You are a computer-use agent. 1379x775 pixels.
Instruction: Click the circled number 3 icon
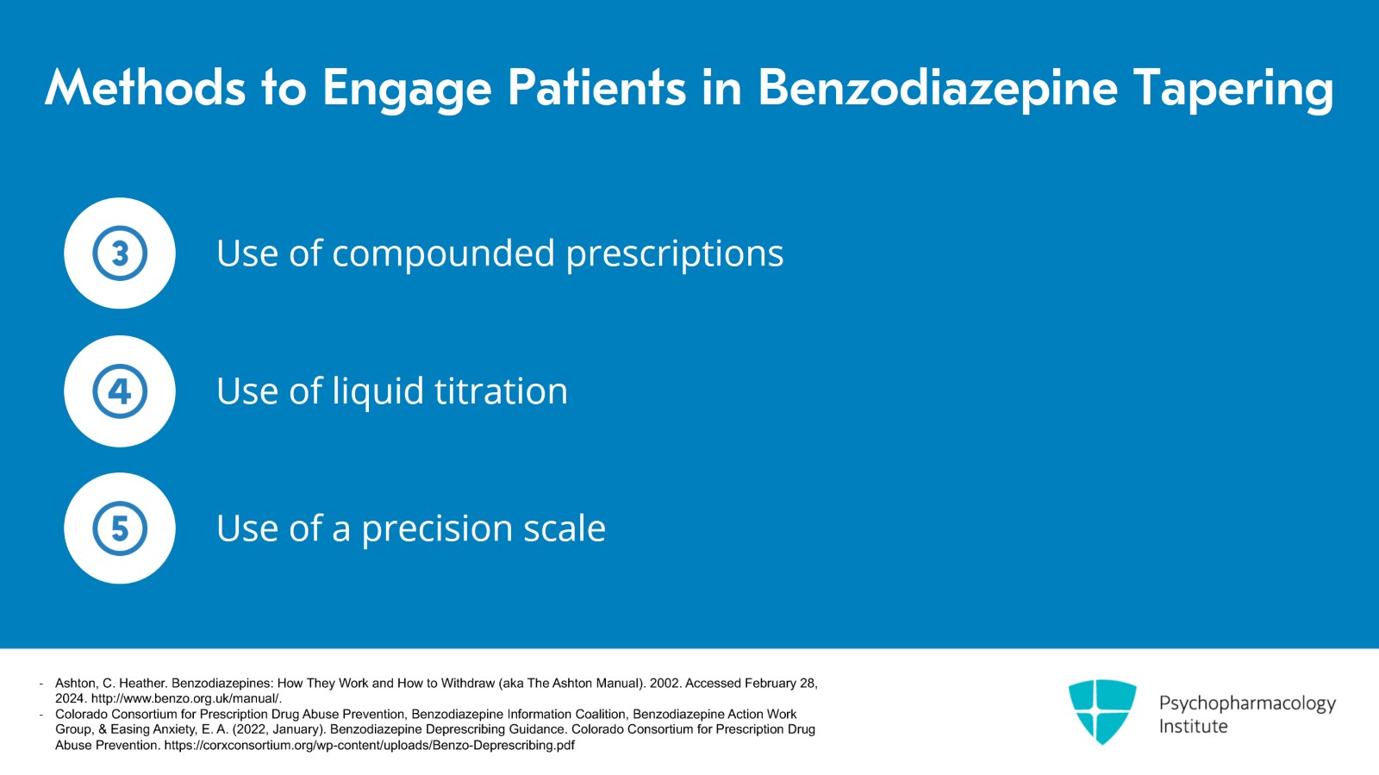point(120,253)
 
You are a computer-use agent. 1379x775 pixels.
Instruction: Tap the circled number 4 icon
point(120,391)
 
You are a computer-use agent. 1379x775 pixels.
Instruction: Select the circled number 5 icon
point(120,528)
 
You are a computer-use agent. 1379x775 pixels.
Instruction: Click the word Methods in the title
point(145,87)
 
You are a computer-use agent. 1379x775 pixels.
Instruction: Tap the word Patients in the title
point(596,87)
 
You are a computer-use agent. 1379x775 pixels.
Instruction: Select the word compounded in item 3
point(443,253)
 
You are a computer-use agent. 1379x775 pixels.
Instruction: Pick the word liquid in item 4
point(378,391)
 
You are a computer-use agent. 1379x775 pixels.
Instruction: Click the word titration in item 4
point(501,391)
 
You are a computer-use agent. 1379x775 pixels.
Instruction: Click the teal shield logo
point(1102,711)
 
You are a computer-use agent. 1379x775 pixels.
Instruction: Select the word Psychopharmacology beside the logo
point(1247,703)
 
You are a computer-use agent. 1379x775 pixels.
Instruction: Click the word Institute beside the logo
point(1193,727)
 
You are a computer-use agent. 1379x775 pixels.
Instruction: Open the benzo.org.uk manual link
point(186,698)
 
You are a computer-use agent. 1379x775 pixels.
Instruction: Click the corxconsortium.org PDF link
point(370,746)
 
